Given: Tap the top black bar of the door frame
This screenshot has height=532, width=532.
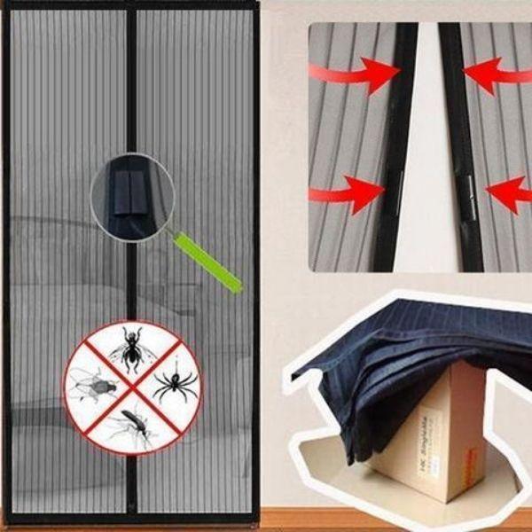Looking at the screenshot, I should (x=133, y=5).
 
